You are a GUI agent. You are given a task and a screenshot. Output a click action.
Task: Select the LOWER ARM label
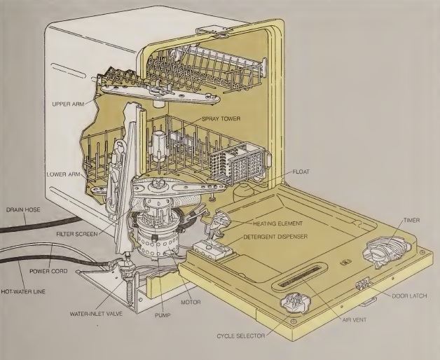tap(66, 174)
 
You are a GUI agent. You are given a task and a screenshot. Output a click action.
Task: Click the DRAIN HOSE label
tap(22, 209)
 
